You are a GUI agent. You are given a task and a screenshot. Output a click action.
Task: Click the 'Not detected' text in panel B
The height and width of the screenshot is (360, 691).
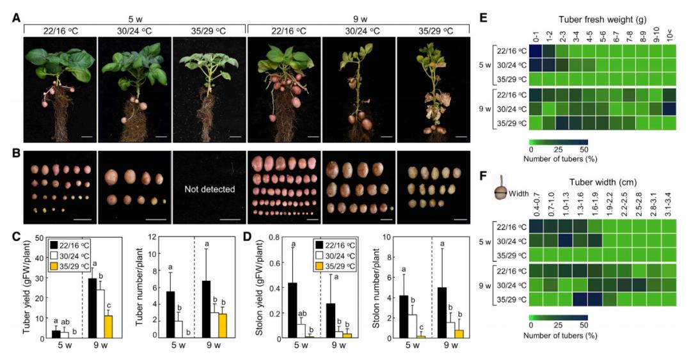click(x=209, y=190)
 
